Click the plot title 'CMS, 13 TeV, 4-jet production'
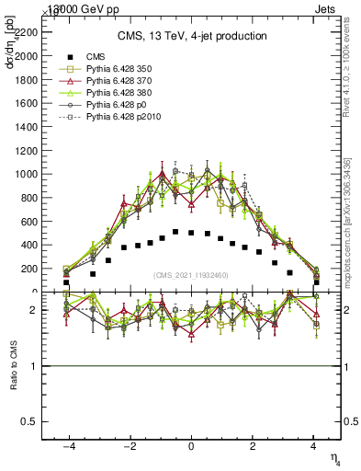tap(191, 36)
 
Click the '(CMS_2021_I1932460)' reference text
tap(191, 275)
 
